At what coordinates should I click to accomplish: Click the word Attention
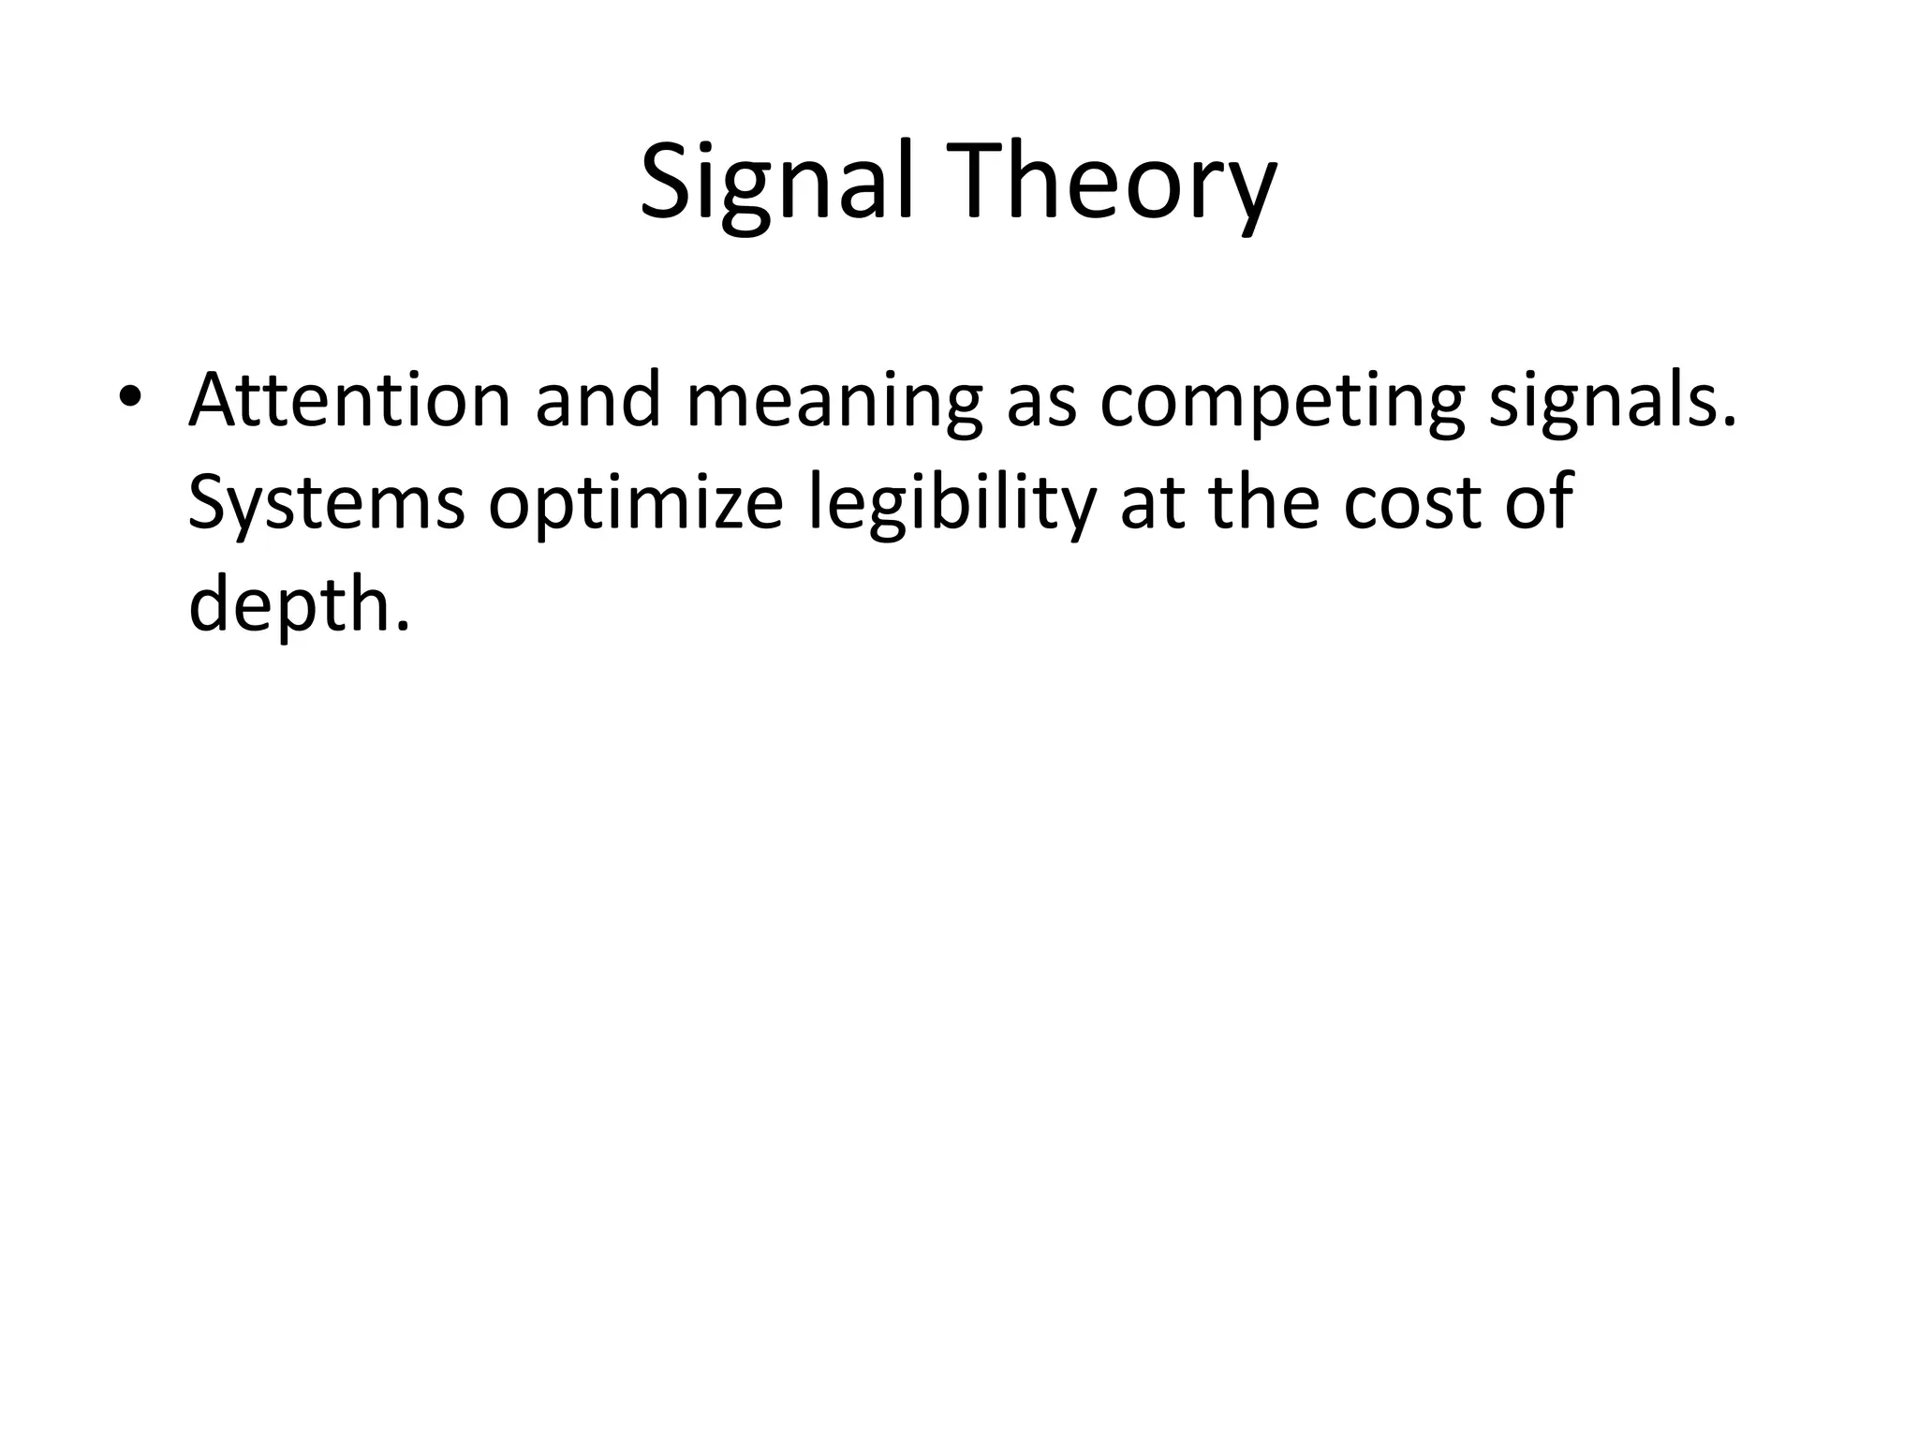349,400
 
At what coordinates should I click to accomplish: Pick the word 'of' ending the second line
1537,502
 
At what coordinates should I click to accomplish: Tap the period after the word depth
403,626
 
